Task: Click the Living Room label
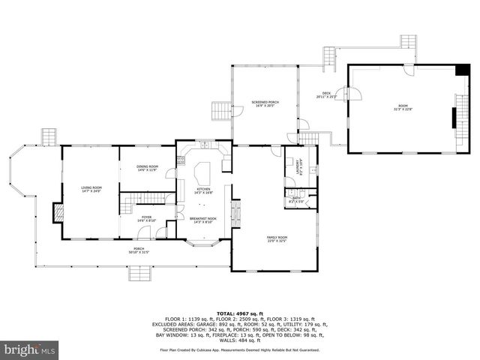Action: [x=91, y=189]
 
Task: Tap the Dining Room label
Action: [x=147, y=168]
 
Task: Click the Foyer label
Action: [x=147, y=219]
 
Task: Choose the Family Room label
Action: [x=277, y=238]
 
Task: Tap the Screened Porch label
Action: [x=265, y=103]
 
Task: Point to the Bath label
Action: [x=295, y=199]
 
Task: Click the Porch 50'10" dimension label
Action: [x=139, y=250]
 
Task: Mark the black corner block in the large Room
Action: [x=459, y=70]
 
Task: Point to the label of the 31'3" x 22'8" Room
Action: [x=402, y=109]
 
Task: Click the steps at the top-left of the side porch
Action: [x=48, y=136]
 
